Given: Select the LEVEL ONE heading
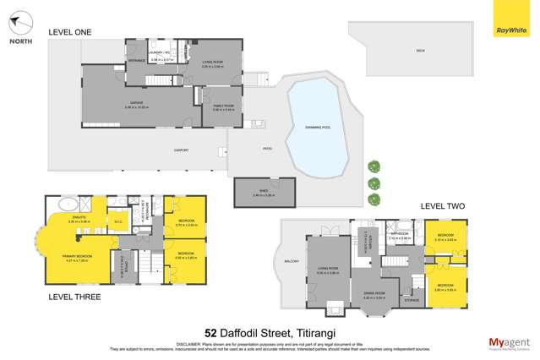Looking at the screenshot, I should pyautogui.click(x=69, y=32).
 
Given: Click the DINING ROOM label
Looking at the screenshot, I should pyautogui.click(x=374, y=295).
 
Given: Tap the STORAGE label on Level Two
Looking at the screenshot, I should pyautogui.click(x=412, y=299).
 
